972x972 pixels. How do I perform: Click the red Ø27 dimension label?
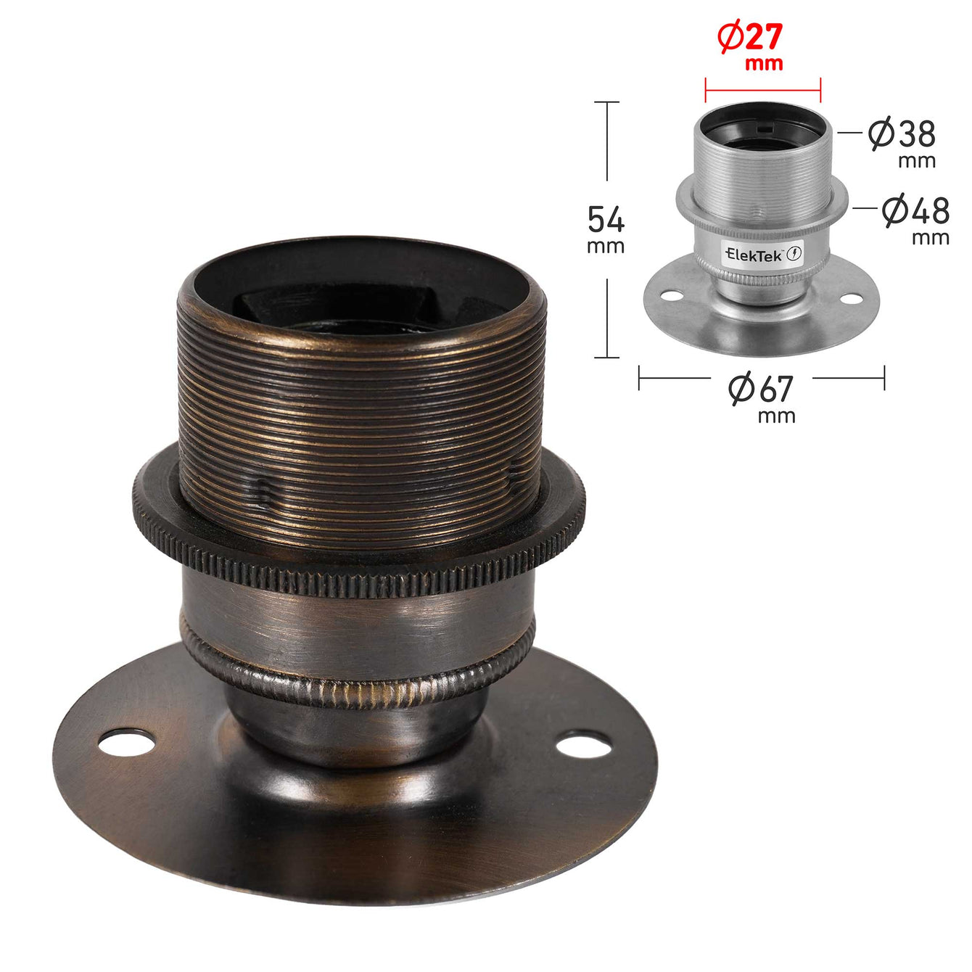click(750, 37)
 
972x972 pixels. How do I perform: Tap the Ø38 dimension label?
click(902, 133)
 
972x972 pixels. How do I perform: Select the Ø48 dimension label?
click(915, 210)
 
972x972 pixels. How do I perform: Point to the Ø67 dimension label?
click(761, 389)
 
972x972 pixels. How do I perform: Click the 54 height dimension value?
click(606, 218)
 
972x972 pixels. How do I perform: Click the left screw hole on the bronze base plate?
click(126, 742)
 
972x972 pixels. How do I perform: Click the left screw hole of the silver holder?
click(672, 296)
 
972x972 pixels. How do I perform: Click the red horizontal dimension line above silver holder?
click(762, 91)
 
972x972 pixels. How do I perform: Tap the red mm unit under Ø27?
click(764, 64)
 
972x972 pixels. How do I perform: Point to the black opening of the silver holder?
click(762, 131)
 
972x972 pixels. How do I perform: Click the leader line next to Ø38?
click(849, 133)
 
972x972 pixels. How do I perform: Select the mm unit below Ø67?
click(776, 416)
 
